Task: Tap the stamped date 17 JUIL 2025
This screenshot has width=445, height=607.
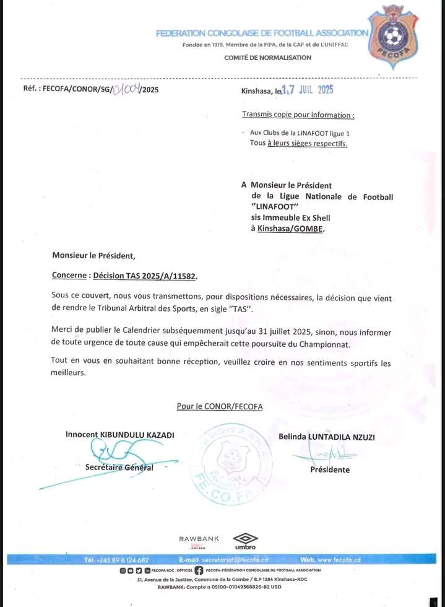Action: click(x=308, y=90)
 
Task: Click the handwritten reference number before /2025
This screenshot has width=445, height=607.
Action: click(x=123, y=90)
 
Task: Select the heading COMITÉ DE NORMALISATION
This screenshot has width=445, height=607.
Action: click(x=268, y=58)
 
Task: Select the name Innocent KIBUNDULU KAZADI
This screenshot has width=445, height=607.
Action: click(x=119, y=435)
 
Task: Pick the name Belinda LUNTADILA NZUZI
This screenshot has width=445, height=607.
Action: click(x=327, y=437)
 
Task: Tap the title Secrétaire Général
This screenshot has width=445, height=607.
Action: click(x=119, y=468)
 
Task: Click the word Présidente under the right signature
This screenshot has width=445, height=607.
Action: click(x=330, y=469)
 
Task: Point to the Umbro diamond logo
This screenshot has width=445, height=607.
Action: click(x=245, y=538)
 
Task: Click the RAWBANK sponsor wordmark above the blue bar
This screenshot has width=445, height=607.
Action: click(x=199, y=539)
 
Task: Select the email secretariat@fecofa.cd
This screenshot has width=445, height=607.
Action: click(x=235, y=560)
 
